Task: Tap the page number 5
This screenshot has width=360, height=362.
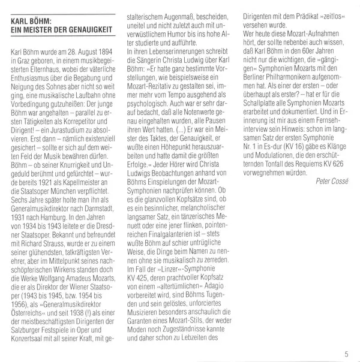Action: [x=346, y=352]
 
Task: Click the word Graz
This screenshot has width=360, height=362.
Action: [x=24, y=63]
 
